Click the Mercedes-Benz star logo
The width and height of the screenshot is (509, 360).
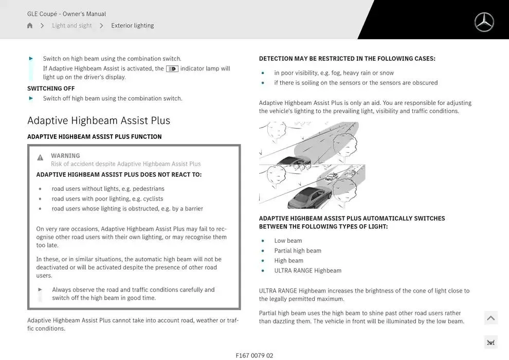coord(484,22)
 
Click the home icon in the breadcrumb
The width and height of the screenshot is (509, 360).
coord(30,26)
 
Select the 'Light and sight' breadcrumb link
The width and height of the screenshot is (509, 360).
coord(71,26)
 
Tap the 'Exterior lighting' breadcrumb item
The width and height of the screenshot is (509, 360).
coord(132,26)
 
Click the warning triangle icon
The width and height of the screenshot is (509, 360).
coord(40,157)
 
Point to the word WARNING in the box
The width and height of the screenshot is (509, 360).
coord(65,156)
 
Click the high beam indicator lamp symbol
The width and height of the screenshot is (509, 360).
coord(172,69)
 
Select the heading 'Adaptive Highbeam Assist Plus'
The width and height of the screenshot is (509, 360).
coord(99,120)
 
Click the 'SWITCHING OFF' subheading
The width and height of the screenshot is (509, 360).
coord(51,88)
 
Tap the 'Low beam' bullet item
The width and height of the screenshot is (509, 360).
coord(288,241)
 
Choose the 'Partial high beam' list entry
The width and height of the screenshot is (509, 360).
coord(298,250)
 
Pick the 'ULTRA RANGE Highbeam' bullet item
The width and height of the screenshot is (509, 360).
coord(307,271)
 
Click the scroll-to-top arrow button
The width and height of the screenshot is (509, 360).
coord(490,318)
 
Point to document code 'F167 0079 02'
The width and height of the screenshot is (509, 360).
coord(254,355)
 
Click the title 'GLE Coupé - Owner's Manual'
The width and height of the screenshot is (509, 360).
coord(66,14)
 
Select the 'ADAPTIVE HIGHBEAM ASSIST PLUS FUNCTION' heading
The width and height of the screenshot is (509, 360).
coord(94,137)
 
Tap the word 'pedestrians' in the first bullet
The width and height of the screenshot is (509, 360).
coord(148,189)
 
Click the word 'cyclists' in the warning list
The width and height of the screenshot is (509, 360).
coord(153,199)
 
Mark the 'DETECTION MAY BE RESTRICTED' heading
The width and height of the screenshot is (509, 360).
coord(347,59)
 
